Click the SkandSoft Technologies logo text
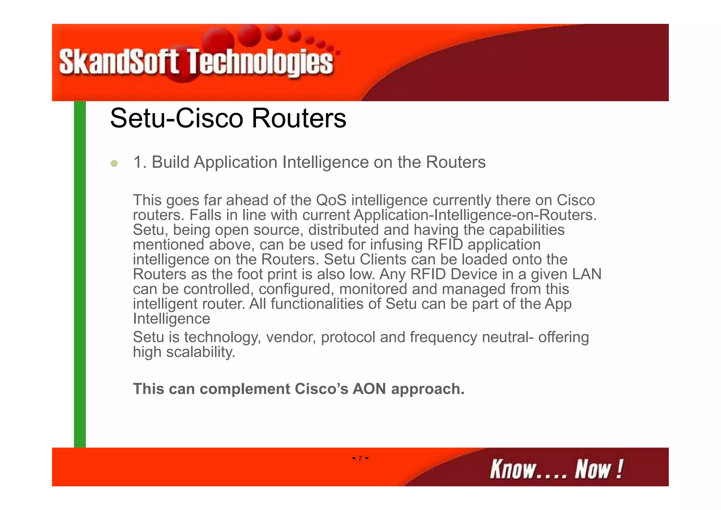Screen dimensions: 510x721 196,62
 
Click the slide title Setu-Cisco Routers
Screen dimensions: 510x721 228,118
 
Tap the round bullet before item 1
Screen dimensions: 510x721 114,163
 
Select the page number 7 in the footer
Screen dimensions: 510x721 360,458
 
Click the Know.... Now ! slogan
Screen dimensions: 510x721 556,469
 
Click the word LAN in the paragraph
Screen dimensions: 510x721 587,274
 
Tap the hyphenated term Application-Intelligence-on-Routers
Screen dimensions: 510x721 475,215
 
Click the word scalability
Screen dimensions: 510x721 200,352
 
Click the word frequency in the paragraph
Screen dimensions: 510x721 443,337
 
